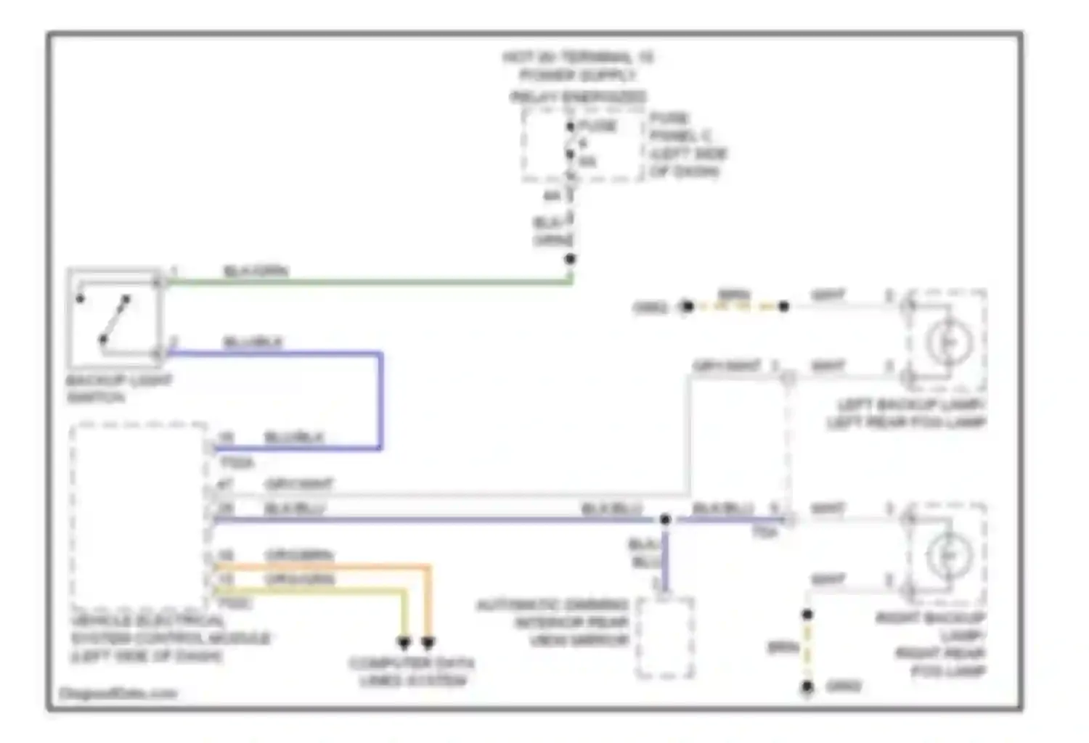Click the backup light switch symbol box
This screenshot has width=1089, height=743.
(114, 318)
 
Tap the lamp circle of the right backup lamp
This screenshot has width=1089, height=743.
(948, 555)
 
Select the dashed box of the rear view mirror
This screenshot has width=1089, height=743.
(664, 638)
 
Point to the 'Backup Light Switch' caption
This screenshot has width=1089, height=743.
(118, 389)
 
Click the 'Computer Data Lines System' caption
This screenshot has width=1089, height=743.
(412, 672)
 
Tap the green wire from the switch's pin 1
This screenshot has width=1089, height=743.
(363, 282)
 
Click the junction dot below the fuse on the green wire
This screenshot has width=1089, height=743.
(571, 259)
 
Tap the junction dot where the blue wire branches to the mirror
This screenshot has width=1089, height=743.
(665, 520)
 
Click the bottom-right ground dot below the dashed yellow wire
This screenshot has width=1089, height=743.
(807, 686)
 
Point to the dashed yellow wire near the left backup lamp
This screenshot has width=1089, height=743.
(735, 307)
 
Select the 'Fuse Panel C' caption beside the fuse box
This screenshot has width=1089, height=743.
(685, 145)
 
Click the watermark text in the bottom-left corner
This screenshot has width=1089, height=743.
(118, 694)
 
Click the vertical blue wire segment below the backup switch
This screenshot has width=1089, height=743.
(380, 399)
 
